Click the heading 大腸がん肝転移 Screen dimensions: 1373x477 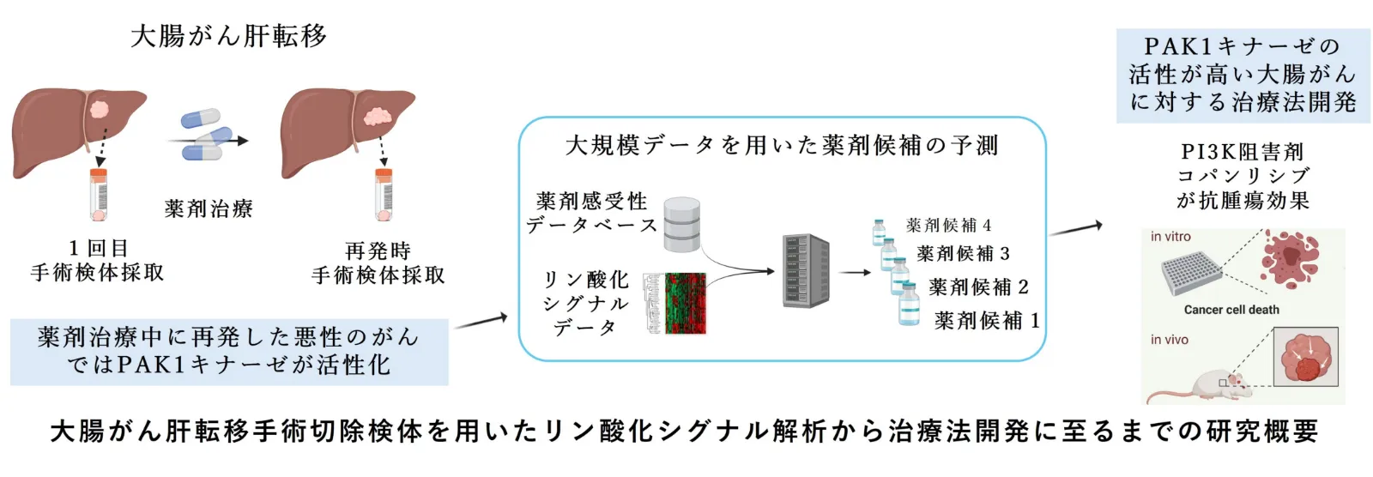(x=228, y=36)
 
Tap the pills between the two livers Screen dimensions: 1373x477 (x=205, y=135)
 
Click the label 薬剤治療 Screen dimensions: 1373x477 (x=209, y=209)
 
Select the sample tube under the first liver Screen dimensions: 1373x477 (x=99, y=195)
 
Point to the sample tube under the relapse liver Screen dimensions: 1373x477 (x=383, y=195)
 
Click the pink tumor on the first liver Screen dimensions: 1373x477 (x=99, y=111)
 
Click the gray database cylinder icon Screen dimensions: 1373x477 (x=681, y=225)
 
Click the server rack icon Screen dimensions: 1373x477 (x=806, y=270)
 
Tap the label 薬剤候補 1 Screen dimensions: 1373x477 (x=987, y=320)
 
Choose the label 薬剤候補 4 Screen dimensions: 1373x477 (x=949, y=226)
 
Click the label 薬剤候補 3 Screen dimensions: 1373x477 (x=963, y=253)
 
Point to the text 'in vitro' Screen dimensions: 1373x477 (x=1170, y=237)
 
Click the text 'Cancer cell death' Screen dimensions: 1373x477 (x=1231, y=310)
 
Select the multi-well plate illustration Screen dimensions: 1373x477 (x=1192, y=274)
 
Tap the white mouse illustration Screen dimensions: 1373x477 (x=1201, y=385)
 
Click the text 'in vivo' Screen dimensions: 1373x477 (x=1169, y=340)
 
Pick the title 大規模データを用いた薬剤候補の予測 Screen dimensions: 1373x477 (x=782, y=145)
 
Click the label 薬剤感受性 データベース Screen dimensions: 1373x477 (x=591, y=214)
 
